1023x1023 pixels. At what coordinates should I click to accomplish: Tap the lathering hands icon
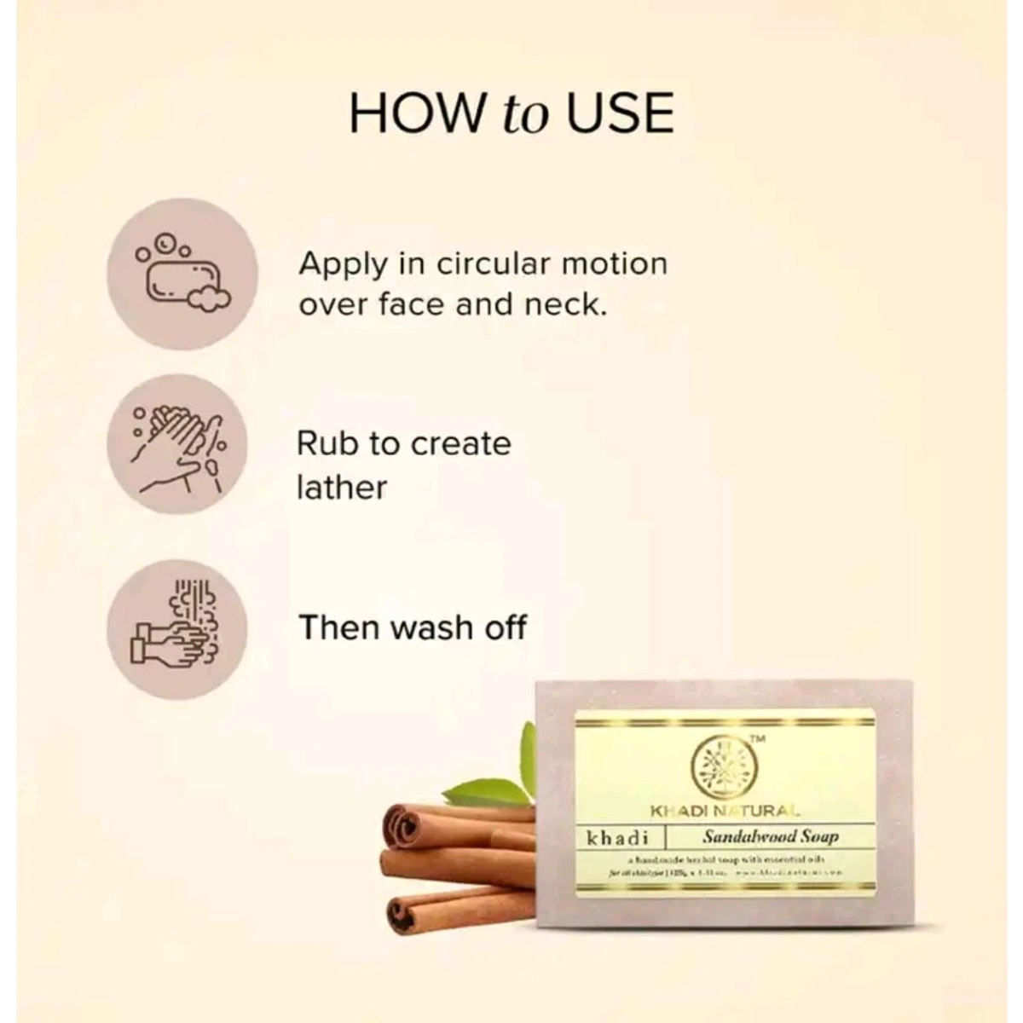point(176,444)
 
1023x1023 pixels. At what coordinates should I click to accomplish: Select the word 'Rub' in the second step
point(328,443)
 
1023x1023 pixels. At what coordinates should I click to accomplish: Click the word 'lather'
point(341,488)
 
